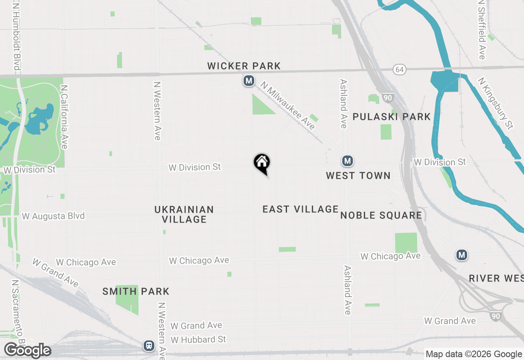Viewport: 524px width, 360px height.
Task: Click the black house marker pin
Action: [262, 163]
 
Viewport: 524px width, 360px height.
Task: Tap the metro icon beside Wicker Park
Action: [248, 81]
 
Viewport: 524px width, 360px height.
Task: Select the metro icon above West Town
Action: [348, 161]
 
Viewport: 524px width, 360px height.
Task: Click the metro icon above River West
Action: [462, 255]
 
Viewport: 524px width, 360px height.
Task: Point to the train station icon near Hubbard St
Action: [149, 346]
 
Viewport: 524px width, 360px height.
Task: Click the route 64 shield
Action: [400, 69]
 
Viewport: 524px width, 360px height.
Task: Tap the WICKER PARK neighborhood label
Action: [244, 66]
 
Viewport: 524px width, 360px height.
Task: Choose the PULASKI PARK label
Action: [391, 117]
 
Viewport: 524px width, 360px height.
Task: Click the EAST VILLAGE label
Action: [300, 209]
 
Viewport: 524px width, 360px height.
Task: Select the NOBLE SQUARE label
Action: [381, 216]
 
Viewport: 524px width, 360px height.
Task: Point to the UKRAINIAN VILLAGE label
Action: [184, 214]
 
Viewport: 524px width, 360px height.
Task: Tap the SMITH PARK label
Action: [136, 292]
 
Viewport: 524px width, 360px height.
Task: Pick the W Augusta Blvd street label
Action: [53, 216]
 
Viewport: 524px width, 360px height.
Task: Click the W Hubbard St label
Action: [199, 340]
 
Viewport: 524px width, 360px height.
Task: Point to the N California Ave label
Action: [64, 117]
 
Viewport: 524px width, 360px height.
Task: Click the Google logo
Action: [27, 351]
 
